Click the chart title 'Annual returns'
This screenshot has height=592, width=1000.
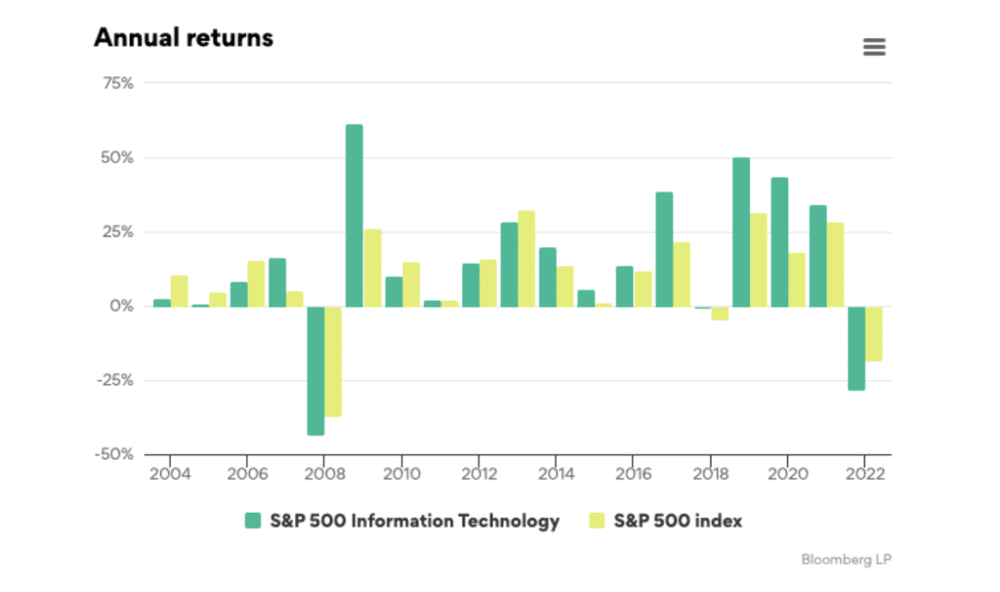pos(183,38)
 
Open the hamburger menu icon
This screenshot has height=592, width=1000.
pos(874,47)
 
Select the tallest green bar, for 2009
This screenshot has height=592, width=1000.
pos(354,215)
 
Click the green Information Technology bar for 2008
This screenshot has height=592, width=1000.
pos(315,370)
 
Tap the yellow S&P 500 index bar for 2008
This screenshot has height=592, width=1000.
pos(334,361)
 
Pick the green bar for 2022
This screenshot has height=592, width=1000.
pos(856,348)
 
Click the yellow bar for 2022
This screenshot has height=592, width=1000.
pos(874,333)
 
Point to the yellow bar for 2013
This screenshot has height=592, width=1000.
pos(526,258)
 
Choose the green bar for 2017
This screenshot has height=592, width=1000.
pos(664,249)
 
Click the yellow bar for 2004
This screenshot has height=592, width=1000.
pos(180,290)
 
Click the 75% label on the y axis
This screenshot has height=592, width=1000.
pos(118,83)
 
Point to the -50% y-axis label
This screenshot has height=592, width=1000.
pos(115,454)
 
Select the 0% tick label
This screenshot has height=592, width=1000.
pos(122,306)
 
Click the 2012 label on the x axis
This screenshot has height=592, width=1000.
pos(478,474)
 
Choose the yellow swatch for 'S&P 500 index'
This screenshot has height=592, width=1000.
pos(596,521)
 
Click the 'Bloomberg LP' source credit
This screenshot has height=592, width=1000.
pos(846,560)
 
